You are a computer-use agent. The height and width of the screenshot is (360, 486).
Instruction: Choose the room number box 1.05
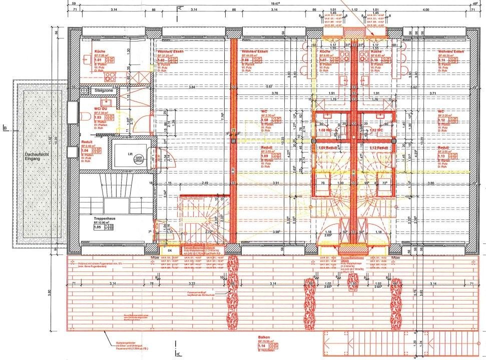pyautogui.click(x=99, y=227)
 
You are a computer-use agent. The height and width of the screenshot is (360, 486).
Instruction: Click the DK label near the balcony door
pyautogui.click(x=169, y=251)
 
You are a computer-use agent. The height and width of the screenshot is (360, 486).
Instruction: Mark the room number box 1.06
pyautogui.click(x=246, y=60)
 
